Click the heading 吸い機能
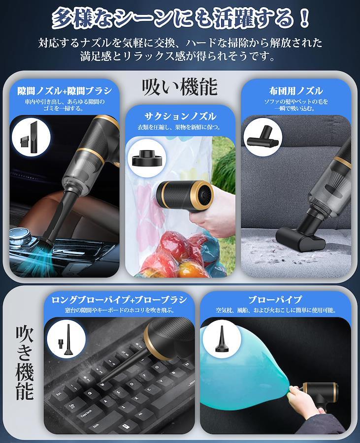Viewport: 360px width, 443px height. pos(180,87)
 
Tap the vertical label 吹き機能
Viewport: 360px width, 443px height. pos(25,363)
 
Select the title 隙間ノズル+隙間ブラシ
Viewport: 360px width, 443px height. pos(65,91)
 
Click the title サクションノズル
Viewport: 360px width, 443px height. pos(180,116)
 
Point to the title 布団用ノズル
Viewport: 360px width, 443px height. pos(296,91)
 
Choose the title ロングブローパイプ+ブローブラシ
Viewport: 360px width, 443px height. pos(119,300)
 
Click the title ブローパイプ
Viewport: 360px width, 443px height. pos(275,300)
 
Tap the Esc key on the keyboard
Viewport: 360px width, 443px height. pos(59,394)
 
